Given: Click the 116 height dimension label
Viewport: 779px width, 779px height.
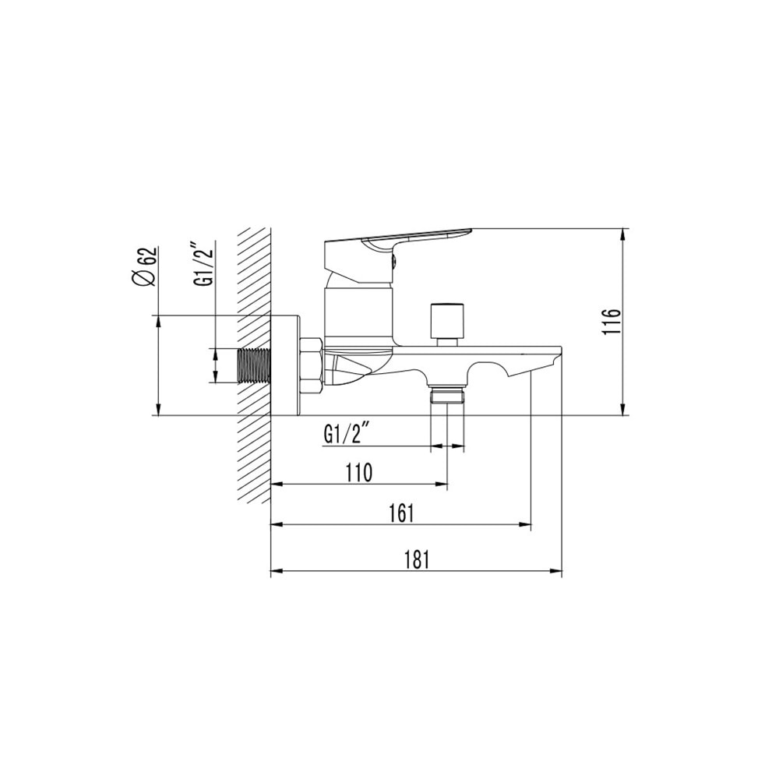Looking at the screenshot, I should tap(612, 322).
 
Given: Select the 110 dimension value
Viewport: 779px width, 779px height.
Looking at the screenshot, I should tap(358, 471).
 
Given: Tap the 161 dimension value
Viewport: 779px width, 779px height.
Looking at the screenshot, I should tap(400, 513).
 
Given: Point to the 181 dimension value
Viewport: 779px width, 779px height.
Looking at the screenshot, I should tap(417, 559).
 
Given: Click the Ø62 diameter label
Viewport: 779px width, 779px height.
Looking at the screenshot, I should tap(146, 267).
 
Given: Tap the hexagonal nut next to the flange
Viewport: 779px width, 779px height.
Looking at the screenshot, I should tap(312, 365).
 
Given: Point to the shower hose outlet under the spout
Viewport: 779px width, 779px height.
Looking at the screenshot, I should tap(447, 395).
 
